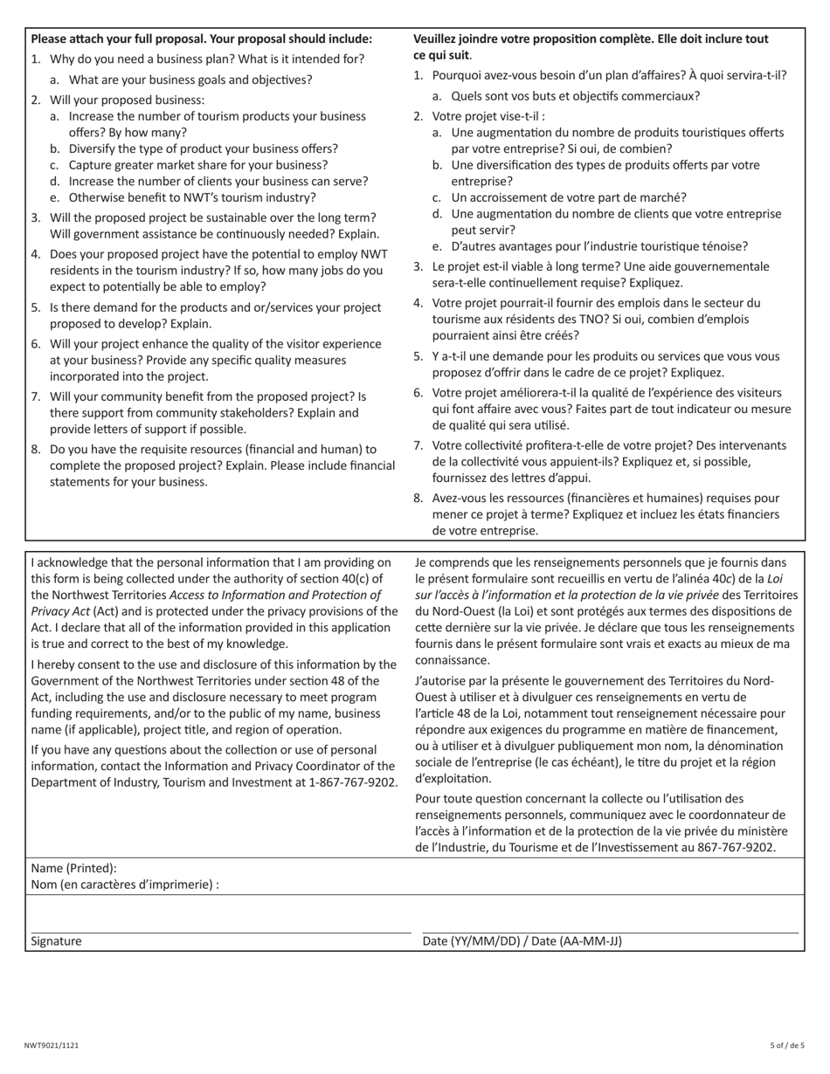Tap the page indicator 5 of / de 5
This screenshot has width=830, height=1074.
coord(787,1045)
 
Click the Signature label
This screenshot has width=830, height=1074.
coord(56,941)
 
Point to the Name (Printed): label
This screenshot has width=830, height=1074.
coord(73,868)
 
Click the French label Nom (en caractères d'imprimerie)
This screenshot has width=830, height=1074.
coord(124,885)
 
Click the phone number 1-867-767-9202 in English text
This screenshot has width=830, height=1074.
coord(353,782)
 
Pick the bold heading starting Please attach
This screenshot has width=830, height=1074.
coord(201,38)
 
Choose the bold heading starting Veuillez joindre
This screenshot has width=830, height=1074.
coord(591,38)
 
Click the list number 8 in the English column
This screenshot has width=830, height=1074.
coord(36,449)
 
